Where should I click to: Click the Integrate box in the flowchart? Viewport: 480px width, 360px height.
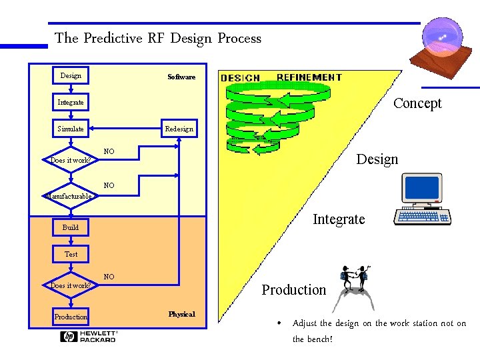click(71, 102)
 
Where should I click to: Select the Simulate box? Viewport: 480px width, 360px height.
click(71, 129)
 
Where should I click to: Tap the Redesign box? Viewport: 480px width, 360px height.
click(179, 129)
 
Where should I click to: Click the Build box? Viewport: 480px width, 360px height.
click(71, 227)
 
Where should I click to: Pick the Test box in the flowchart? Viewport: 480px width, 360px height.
click(71, 254)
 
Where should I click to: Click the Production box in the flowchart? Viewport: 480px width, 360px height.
click(71, 317)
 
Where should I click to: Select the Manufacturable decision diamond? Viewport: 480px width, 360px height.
click(71, 195)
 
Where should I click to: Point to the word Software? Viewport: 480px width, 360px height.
click(181, 77)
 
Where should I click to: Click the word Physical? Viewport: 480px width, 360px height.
click(181, 314)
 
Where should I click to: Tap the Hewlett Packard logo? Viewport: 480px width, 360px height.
click(89, 336)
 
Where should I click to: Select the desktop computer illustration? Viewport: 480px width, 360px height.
click(423, 199)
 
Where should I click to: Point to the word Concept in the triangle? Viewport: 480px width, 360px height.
click(417, 103)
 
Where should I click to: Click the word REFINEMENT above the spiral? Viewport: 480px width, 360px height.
click(309, 77)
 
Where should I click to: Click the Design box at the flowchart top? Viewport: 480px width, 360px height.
click(71, 75)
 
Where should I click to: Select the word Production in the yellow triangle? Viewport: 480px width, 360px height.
click(294, 289)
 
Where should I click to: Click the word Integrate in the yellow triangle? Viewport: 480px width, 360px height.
click(339, 219)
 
